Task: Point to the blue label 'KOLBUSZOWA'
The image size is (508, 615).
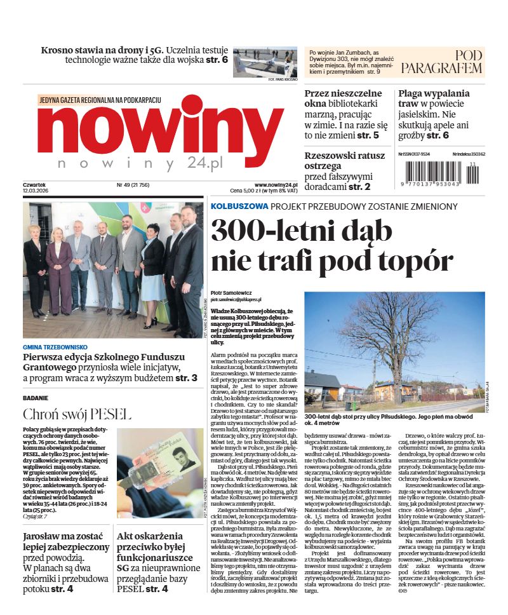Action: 239,206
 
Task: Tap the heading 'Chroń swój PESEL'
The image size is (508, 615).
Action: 77,414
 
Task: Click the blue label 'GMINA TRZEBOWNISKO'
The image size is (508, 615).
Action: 55,348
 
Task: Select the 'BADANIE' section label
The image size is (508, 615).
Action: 36,398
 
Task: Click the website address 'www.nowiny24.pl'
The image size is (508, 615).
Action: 272,184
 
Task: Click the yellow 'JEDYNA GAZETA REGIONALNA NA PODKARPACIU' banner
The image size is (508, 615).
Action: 100,100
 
